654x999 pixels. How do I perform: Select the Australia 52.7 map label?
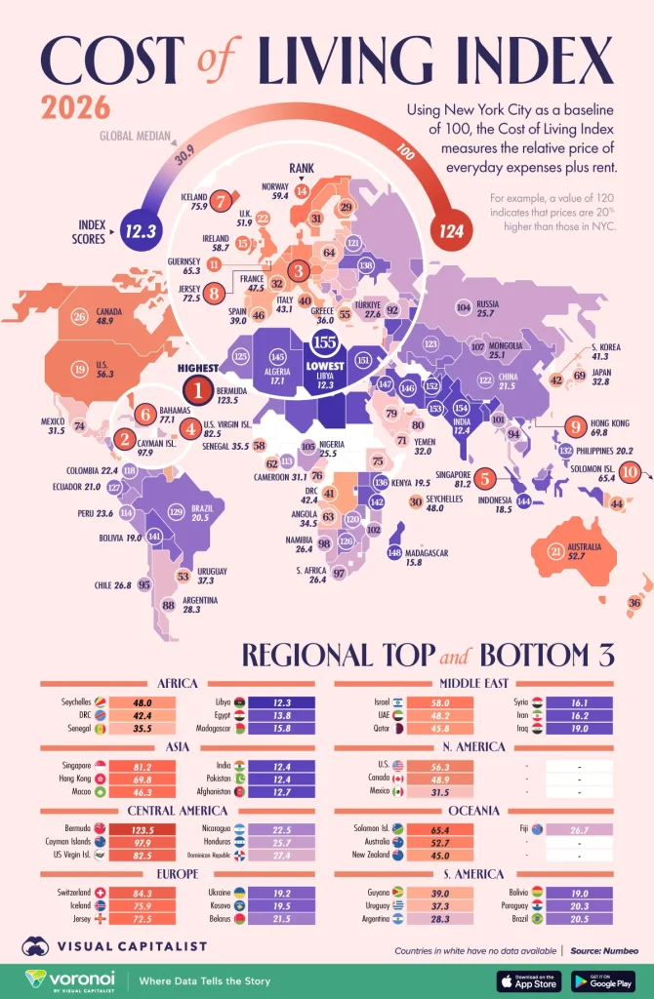(584, 549)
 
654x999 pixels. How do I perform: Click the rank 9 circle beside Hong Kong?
(576, 425)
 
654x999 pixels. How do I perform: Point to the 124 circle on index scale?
(452, 231)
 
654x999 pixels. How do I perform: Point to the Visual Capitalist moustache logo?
(37, 945)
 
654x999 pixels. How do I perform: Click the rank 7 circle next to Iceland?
(223, 200)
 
